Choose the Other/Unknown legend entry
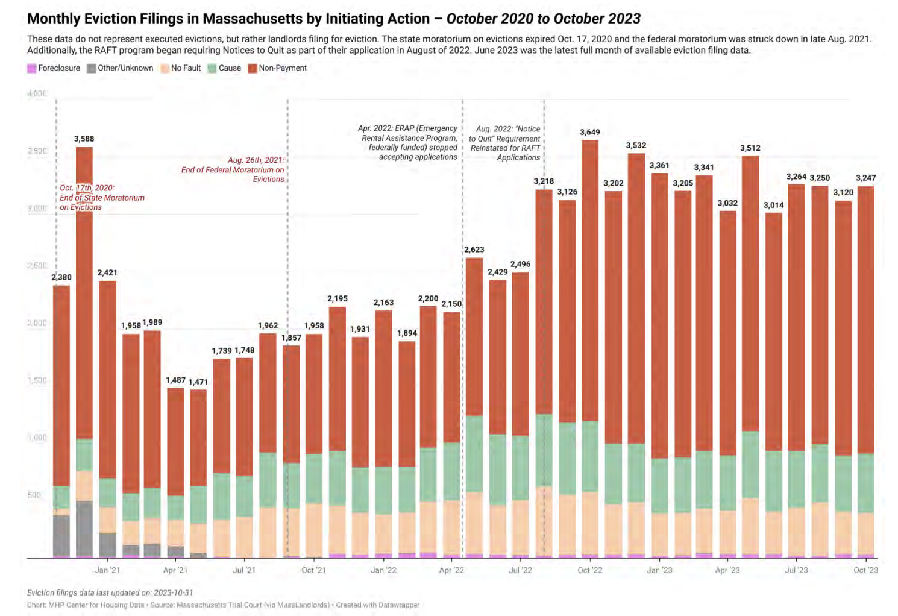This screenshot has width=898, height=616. [120, 68]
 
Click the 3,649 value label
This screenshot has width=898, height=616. [589, 132]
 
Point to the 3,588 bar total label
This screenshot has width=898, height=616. [84, 139]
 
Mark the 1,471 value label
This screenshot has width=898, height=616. [198, 382]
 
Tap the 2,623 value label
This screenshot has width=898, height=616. [474, 249]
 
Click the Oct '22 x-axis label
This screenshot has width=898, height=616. [589, 570]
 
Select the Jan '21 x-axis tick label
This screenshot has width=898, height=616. [107, 570]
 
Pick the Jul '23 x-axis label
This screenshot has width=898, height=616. [796, 570]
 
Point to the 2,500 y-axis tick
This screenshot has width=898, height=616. [37, 266]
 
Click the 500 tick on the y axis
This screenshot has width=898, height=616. [34, 495]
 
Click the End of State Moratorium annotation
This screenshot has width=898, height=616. [102, 197]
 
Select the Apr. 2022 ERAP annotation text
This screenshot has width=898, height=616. [408, 142]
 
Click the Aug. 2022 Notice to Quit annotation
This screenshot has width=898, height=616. [505, 143]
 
